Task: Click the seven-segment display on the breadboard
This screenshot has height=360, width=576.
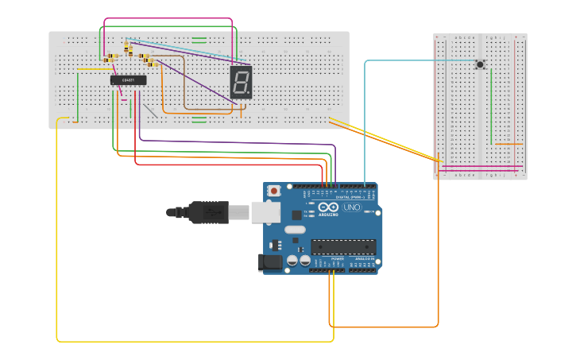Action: [x=241, y=82]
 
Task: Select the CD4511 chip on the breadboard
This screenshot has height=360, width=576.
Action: [x=128, y=79]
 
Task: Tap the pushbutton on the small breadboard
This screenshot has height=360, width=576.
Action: [x=480, y=64]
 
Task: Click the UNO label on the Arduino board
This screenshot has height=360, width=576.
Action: [x=351, y=207]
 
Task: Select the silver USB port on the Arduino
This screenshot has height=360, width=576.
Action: [x=266, y=211]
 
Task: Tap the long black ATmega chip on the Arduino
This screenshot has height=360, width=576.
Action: [x=343, y=247]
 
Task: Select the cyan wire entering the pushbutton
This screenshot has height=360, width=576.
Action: [x=421, y=60]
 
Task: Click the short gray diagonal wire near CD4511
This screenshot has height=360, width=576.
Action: [x=149, y=110]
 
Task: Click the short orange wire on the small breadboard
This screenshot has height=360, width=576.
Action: [x=508, y=144]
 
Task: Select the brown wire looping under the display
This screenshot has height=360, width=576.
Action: [x=185, y=87]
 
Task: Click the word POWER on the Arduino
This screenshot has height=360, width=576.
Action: [x=338, y=258]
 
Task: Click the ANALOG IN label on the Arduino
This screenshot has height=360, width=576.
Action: [x=365, y=258]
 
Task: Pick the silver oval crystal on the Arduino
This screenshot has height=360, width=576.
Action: [x=295, y=230]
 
